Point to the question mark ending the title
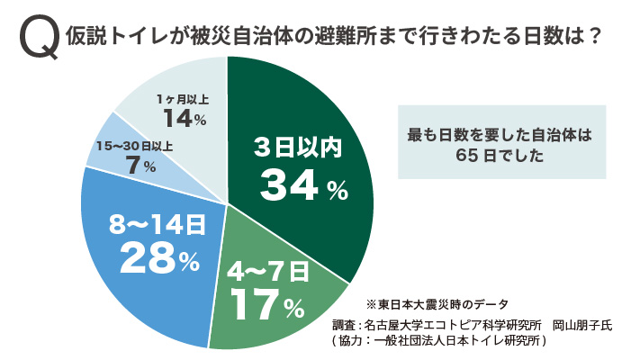click(x=593, y=39)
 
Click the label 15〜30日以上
click(x=134, y=145)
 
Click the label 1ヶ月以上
click(x=185, y=96)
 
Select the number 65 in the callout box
click(x=467, y=154)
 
